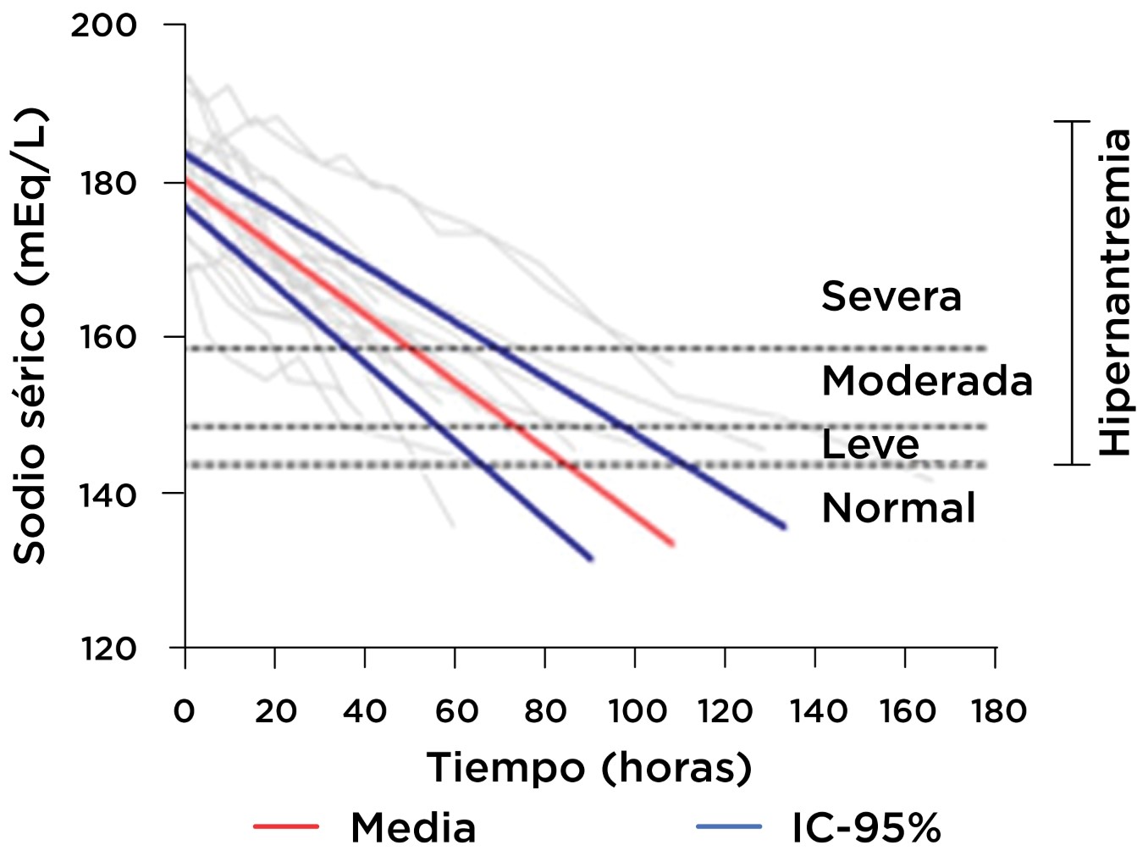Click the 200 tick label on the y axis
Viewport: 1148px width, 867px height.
(103, 25)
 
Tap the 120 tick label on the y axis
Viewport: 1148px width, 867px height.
(107, 649)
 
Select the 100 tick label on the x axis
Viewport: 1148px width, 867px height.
(637, 711)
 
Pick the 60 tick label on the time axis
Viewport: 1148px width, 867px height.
(456, 711)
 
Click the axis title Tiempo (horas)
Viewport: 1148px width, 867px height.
(589, 768)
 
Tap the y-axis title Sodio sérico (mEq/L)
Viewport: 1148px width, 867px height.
(30, 336)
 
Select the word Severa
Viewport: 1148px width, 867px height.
(891, 296)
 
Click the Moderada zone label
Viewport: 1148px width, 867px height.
(927, 381)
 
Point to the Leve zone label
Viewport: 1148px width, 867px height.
(870, 445)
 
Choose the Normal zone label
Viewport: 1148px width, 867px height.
(898, 508)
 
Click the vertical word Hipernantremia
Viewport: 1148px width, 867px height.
(1115, 292)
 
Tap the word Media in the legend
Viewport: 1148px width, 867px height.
(413, 828)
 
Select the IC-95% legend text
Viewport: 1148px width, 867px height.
(866, 828)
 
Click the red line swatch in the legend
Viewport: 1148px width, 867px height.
(286, 826)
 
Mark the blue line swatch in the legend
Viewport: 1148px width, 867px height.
(729, 826)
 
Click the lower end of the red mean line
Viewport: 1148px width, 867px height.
(672, 544)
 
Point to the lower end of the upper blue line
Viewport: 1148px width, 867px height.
(783, 527)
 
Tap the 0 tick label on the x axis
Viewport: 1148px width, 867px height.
(184, 711)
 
